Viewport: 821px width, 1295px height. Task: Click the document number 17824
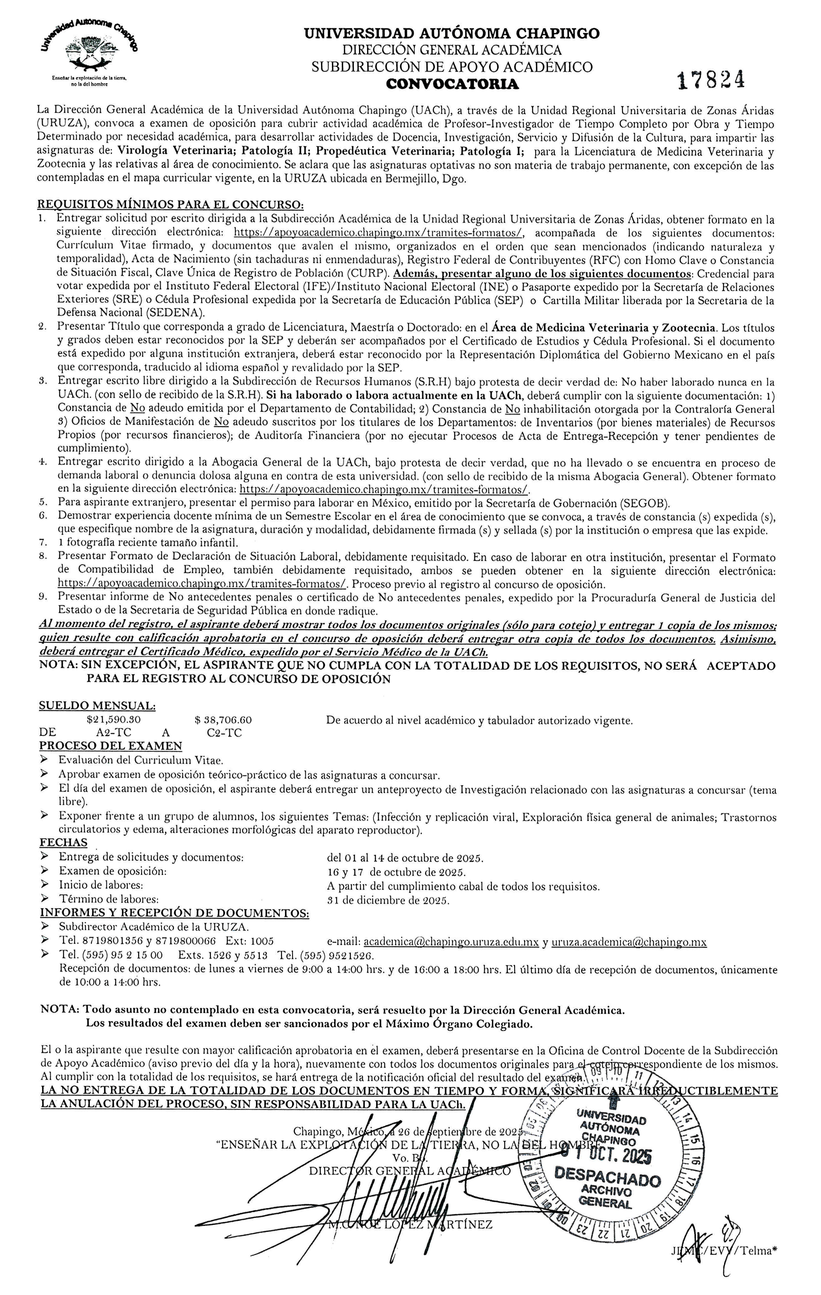pos(711,81)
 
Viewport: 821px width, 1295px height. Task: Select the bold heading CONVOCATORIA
pos(452,84)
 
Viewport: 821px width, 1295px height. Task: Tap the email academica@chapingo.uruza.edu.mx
pos(451,942)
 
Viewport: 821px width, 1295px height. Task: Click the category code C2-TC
pos(224,733)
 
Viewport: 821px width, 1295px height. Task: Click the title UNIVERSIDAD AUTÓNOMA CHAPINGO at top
pos(452,34)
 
